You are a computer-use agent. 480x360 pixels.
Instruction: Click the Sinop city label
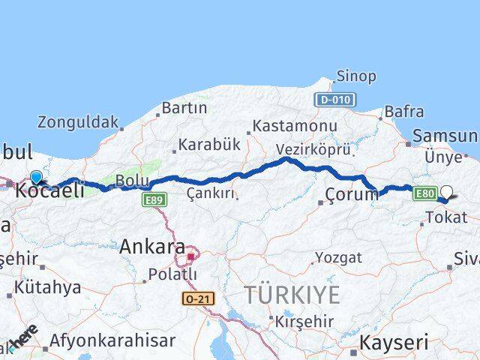tap(356, 76)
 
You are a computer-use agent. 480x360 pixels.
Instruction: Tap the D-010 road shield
tap(334, 100)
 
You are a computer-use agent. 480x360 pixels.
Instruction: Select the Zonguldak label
tap(78, 121)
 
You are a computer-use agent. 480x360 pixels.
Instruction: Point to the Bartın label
tap(184, 108)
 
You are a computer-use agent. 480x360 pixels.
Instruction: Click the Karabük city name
tap(204, 145)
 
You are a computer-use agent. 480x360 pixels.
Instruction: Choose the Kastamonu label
tap(294, 126)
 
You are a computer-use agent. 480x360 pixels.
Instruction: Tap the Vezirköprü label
tap(313, 148)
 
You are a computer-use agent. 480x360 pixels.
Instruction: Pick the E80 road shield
tap(424, 193)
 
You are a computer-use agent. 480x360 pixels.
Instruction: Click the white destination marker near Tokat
tap(447, 192)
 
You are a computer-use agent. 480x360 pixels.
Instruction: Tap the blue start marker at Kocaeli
tap(35, 177)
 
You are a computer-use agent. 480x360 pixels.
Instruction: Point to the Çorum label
tap(352, 194)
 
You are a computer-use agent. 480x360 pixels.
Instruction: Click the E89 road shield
tap(154, 199)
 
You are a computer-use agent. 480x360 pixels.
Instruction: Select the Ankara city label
tap(153, 246)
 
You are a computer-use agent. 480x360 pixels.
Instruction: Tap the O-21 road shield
tap(197, 298)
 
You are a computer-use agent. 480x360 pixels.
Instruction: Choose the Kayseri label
tap(394, 343)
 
